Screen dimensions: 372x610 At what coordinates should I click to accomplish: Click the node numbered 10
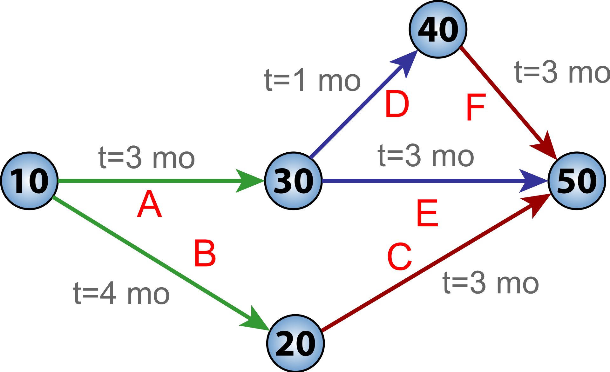pos(29,181)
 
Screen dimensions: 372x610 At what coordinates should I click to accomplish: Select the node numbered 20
pos(295,343)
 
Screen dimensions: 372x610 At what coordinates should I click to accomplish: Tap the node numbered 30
pos(293,181)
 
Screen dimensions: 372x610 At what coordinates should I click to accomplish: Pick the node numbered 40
pos(438,30)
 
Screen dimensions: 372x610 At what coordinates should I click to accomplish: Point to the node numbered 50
pos(577,181)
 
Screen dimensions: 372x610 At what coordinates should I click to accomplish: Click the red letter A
pos(149,205)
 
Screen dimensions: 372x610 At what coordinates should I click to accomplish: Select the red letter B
pos(205,254)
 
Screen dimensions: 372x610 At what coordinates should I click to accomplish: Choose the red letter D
pos(397,104)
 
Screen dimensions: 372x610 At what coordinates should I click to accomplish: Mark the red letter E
pos(427,213)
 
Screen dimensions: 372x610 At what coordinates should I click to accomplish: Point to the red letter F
pos(476,107)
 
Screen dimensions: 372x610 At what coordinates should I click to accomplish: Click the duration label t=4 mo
pos(121,294)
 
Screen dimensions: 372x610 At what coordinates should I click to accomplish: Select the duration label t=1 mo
pos(312,81)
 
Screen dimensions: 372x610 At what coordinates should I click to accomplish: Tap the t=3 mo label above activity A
pos(146,158)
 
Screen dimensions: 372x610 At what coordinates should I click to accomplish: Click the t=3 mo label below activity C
pos(491,283)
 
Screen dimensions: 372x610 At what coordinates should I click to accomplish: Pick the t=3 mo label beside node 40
pos(562,72)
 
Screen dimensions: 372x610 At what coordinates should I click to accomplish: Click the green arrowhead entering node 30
pos(249,181)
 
